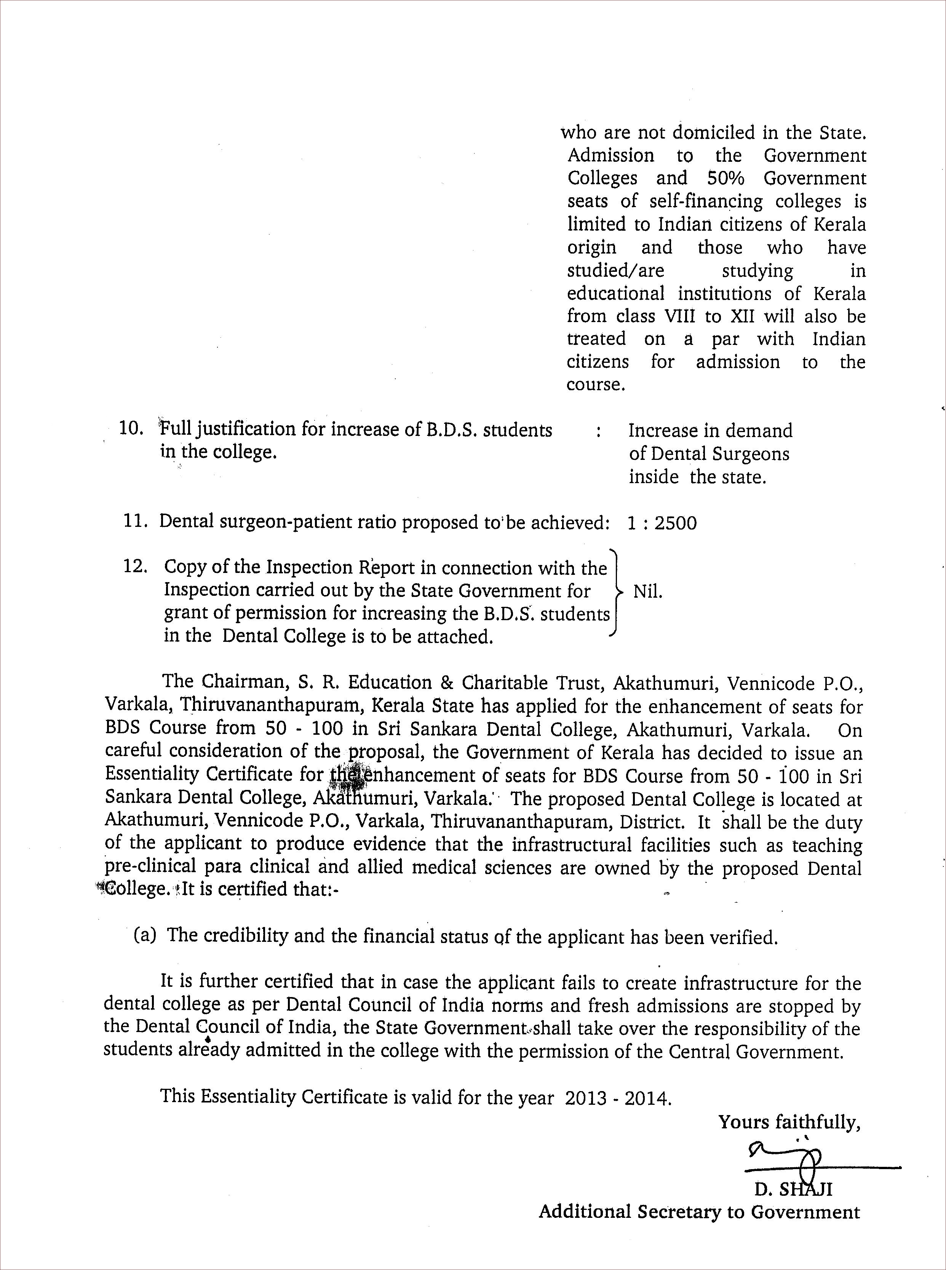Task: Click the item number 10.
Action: tap(131, 429)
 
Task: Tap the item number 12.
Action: tap(135, 567)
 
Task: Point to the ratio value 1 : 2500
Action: tap(662, 523)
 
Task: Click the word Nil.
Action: tap(648, 592)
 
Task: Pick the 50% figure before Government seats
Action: tap(725, 179)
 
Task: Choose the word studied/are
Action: tap(615, 270)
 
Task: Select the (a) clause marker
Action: tap(145, 935)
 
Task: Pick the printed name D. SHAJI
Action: tap(793, 1189)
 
